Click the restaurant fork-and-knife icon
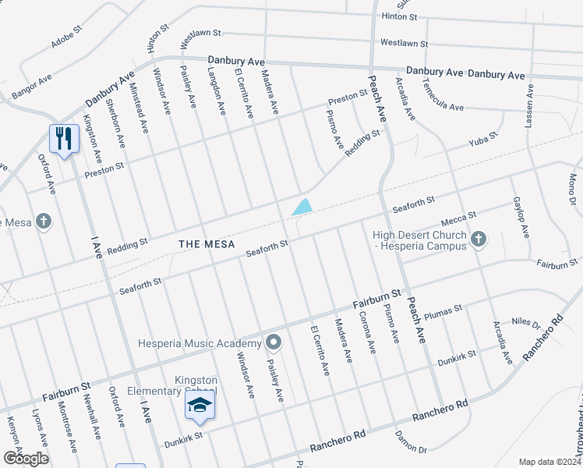coord(64,139)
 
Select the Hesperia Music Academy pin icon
coord(273,343)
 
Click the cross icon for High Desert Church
coord(478,240)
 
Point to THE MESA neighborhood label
coord(207,244)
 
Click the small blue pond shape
coord(302,207)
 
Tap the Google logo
coord(26,458)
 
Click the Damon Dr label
coord(411,443)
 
